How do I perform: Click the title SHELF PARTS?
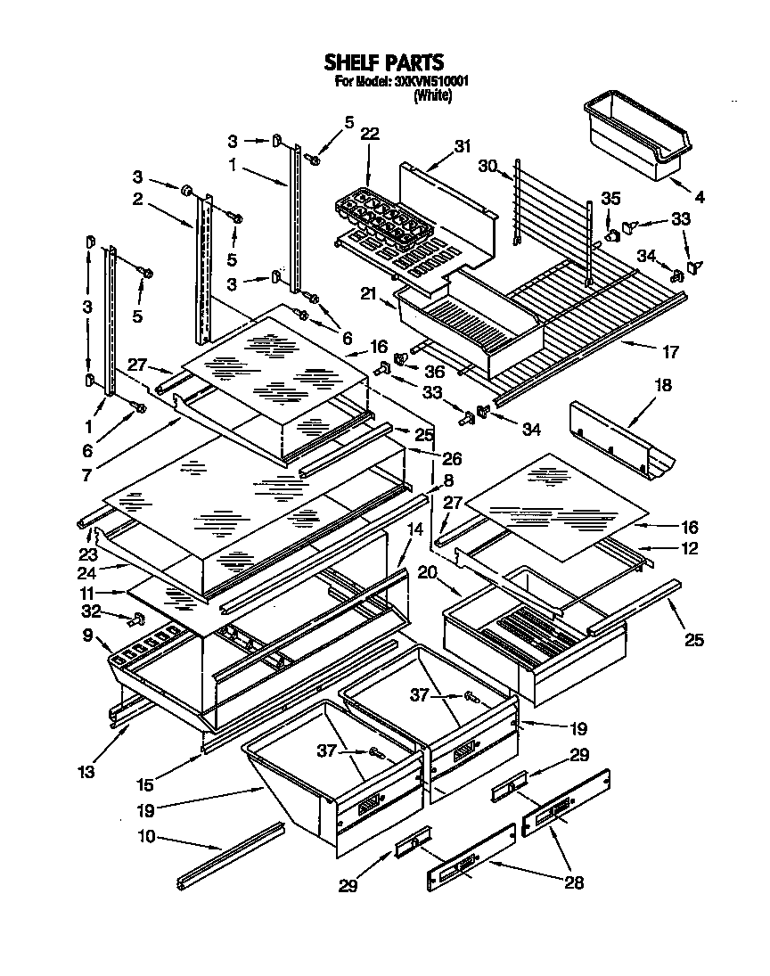pyautogui.click(x=383, y=62)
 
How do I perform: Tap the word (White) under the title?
pyautogui.click(x=433, y=96)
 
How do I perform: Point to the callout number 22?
pyautogui.click(x=369, y=134)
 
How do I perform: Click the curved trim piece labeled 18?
pyautogui.click(x=622, y=438)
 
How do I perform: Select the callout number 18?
pyautogui.click(x=663, y=386)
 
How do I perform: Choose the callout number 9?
pyautogui.click(x=86, y=636)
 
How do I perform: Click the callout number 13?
pyautogui.click(x=86, y=772)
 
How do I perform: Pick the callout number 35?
pyautogui.click(x=610, y=198)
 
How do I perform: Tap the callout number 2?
pyautogui.click(x=138, y=199)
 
